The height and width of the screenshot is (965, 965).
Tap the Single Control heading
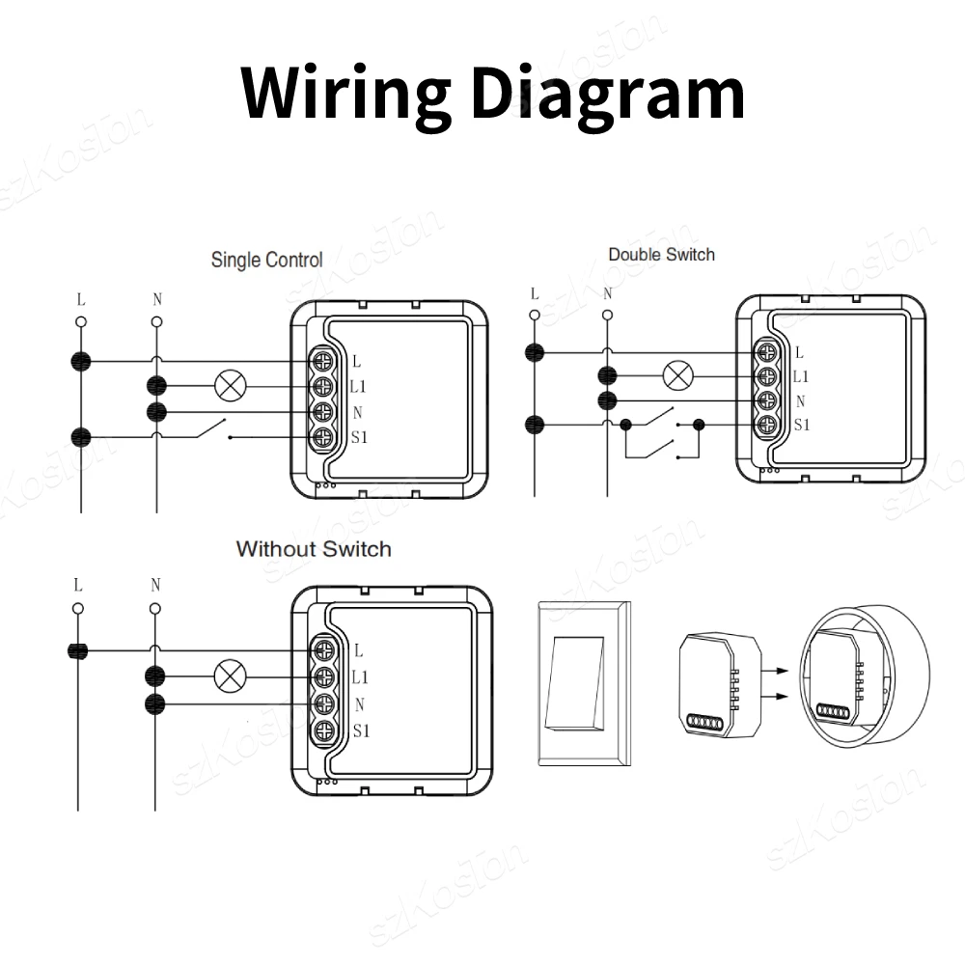266,260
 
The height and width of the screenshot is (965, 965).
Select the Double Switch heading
661,255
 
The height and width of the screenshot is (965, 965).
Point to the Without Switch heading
314,549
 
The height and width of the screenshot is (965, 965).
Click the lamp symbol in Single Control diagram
230,386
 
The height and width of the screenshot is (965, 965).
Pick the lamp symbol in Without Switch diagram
230,675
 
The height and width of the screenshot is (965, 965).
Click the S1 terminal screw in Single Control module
324,438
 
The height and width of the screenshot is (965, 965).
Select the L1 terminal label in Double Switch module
801,377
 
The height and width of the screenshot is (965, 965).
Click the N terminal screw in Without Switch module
324,703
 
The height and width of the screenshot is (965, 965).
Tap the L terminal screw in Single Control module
324,362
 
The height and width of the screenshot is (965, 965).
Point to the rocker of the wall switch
575,681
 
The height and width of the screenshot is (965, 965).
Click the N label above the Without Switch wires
155,586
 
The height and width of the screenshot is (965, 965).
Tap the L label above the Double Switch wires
534,294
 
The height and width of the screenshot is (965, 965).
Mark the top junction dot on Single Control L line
81,362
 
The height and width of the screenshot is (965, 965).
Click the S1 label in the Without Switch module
360,731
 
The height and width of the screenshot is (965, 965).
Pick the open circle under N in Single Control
156,321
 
